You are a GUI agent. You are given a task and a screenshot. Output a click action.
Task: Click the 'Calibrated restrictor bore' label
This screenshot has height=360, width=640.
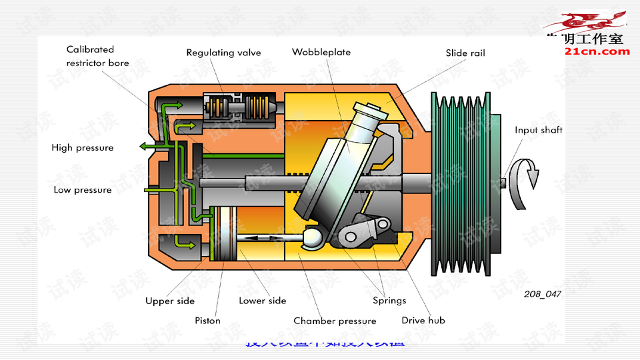pyautogui.click(x=97, y=56)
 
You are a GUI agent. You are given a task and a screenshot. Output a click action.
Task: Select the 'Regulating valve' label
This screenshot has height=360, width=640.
pyautogui.click(x=223, y=53)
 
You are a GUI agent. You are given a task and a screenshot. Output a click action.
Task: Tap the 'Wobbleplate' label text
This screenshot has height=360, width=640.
pyautogui.click(x=321, y=52)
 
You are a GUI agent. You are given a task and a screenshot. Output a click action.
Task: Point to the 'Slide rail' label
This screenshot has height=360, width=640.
pyautogui.click(x=465, y=53)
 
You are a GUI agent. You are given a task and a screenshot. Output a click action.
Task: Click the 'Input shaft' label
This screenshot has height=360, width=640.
pyautogui.click(x=538, y=130)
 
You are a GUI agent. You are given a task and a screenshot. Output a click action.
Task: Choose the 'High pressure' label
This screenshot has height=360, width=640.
pyautogui.click(x=83, y=147)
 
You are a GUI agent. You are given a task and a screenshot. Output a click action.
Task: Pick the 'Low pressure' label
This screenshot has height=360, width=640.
pyautogui.click(x=83, y=190)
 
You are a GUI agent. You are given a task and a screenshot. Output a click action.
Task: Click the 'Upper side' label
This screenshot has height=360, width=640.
pyautogui.click(x=170, y=301)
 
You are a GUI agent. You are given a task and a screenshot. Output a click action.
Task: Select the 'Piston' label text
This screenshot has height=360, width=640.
pyautogui.click(x=207, y=321)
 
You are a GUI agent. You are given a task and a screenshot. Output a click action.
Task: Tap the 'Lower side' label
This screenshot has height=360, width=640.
pyautogui.click(x=262, y=301)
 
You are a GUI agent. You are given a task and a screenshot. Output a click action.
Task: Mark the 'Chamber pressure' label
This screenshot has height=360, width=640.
pyautogui.click(x=335, y=321)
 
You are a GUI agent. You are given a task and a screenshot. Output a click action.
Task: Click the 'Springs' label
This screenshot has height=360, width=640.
pyautogui.click(x=389, y=301)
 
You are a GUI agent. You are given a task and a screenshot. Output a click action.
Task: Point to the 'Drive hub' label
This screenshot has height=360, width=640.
pyautogui.click(x=423, y=321)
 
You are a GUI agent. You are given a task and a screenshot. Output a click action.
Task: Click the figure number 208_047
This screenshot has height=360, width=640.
pyautogui.click(x=542, y=294)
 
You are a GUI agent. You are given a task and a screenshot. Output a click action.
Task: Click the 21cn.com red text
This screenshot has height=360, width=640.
pyautogui.click(x=597, y=51)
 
